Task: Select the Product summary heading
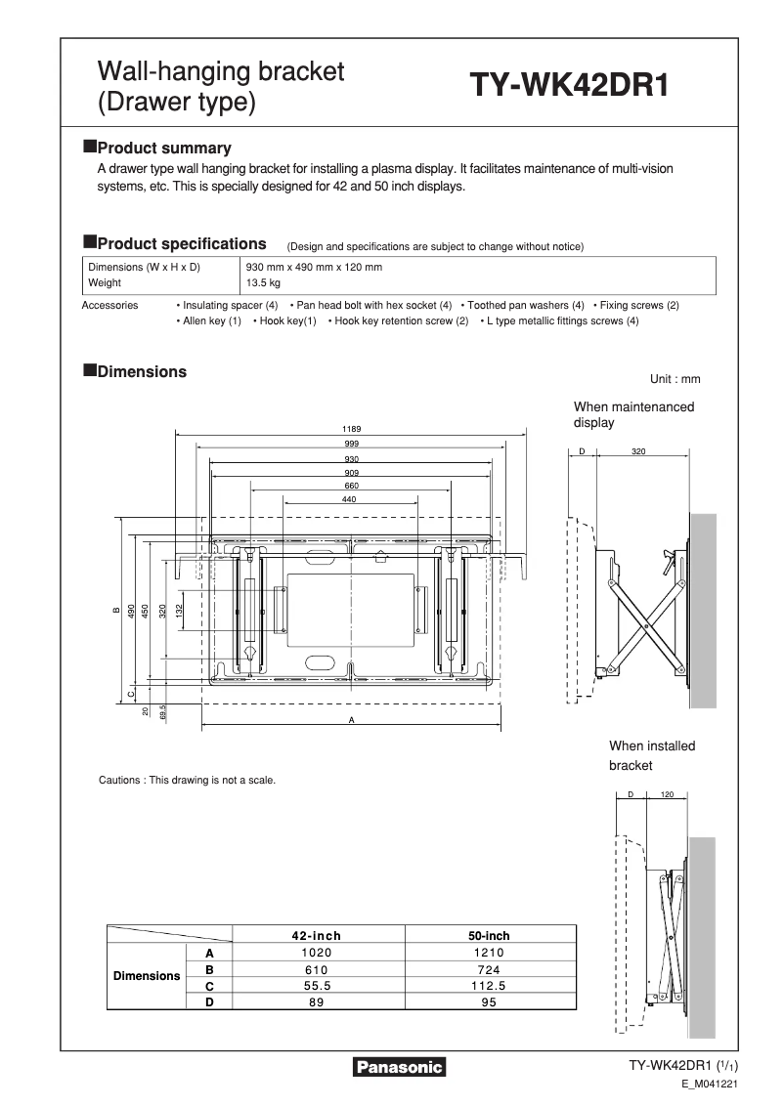[164, 149]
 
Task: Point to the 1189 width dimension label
[351, 428]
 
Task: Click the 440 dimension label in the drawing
[350, 499]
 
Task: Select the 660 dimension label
[351, 486]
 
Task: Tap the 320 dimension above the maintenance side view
[638, 452]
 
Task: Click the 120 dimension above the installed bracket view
[668, 794]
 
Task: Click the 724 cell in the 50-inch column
[489, 968]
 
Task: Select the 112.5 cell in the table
[489, 985]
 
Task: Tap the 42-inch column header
[317, 935]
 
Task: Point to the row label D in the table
[209, 1001]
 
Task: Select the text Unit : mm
[675, 379]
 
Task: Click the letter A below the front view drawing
[351, 720]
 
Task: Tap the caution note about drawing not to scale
[188, 780]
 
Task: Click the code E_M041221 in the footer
[709, 1085]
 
